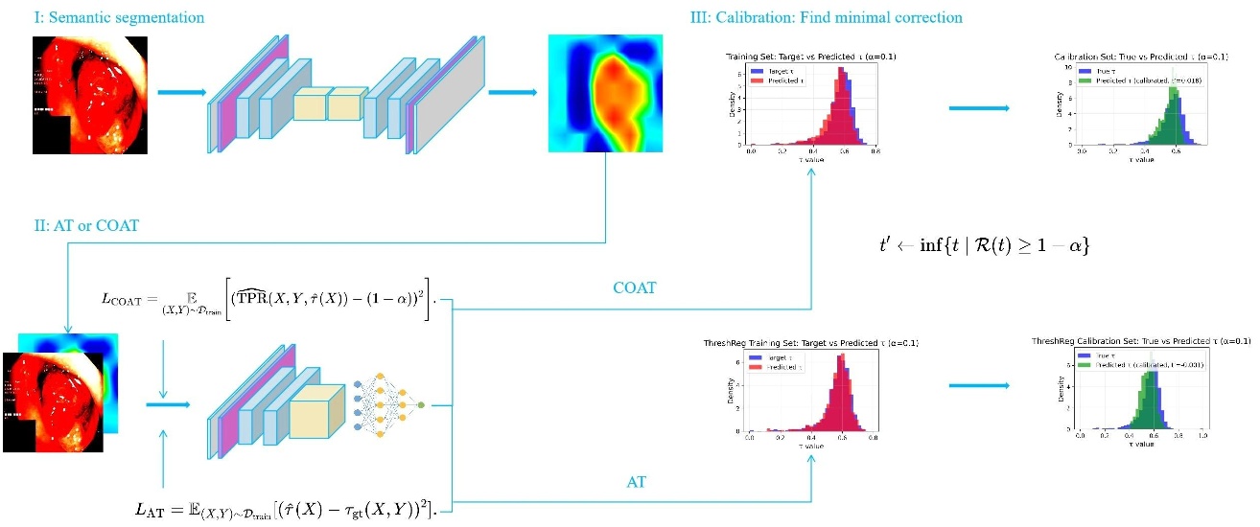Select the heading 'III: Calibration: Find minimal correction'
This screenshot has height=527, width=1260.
click(x=826, y=18)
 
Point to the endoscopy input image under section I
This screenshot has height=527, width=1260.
click(x=90, y=95)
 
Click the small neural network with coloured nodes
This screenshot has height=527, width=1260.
click(x=390, y=406)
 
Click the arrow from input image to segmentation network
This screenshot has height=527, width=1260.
click(x=180, y=93)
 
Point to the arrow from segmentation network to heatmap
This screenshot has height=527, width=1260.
click(x=513, y=93)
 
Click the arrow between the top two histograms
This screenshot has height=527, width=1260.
click(x=978, y=107)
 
